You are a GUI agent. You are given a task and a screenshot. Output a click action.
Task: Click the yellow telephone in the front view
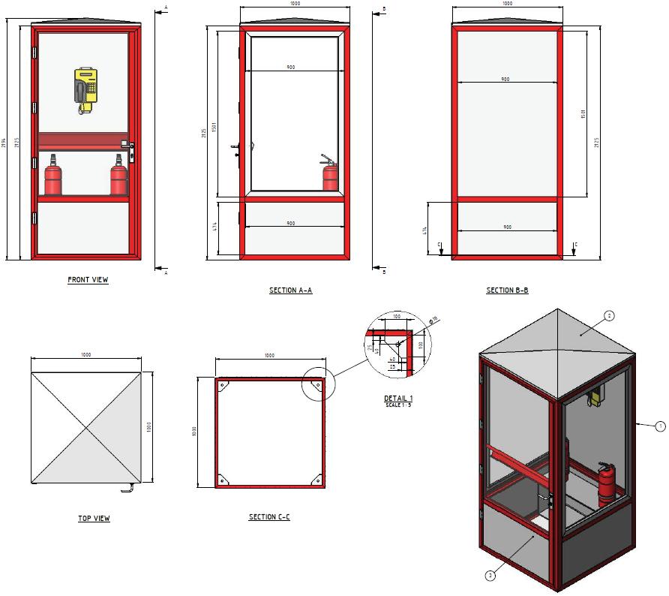[x=86, y=89]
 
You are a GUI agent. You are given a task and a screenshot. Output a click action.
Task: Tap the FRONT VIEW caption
[x=88, y=280]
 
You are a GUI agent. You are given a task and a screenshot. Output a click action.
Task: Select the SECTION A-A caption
[x=290, y=290]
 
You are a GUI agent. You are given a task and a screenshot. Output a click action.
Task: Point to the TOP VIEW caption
[x=94, y=519]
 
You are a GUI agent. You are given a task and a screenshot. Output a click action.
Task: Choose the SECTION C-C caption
[x=269, y=517]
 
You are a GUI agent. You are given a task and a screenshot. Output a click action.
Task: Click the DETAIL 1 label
[x=398, y=398]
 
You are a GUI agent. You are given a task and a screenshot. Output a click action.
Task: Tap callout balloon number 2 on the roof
[x=609, y=316]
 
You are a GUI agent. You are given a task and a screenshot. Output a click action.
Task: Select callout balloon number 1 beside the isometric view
[x=660, y=426]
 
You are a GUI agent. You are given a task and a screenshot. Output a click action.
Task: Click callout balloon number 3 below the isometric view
[x=490, y=576]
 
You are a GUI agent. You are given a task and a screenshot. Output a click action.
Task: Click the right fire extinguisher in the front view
[x=118, y=177]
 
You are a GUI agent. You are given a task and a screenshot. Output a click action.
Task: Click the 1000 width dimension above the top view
[x=86, y=355]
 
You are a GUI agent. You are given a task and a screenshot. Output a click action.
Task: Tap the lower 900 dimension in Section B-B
[x=507, y=227]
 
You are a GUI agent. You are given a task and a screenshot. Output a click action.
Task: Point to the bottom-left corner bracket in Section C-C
[x=223, y=478]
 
